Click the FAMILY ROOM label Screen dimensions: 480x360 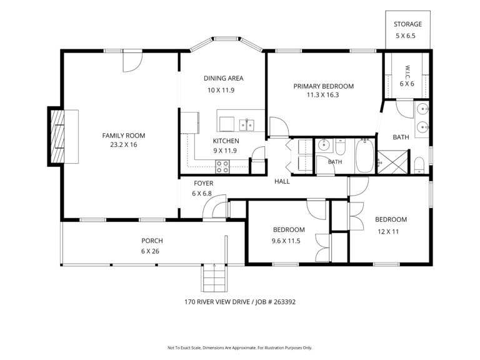coord(124,135)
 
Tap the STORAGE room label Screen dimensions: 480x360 coord(407,24)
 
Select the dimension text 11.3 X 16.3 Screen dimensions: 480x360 coord(322,95)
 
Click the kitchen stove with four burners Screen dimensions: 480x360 coord(222,166)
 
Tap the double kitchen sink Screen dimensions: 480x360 coord(246,125)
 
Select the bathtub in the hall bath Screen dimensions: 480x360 coord(364,156)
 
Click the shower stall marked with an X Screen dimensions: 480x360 coord(393,162)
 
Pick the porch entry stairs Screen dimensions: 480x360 coord(214,278)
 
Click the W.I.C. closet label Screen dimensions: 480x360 coord(407,72)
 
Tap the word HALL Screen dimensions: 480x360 coord(282,181)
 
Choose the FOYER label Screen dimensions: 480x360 coord(204,183)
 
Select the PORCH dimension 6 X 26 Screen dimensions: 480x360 coord(150,251)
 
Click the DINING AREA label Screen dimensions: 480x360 coord(224,78)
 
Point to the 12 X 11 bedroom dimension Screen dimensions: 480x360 coord(388,232)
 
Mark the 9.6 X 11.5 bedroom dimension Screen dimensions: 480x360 coord(286,241)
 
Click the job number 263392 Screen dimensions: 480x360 coord(285,302)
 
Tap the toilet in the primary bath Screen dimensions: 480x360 coord(419,165)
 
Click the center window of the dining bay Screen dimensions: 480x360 coord(226,39)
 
